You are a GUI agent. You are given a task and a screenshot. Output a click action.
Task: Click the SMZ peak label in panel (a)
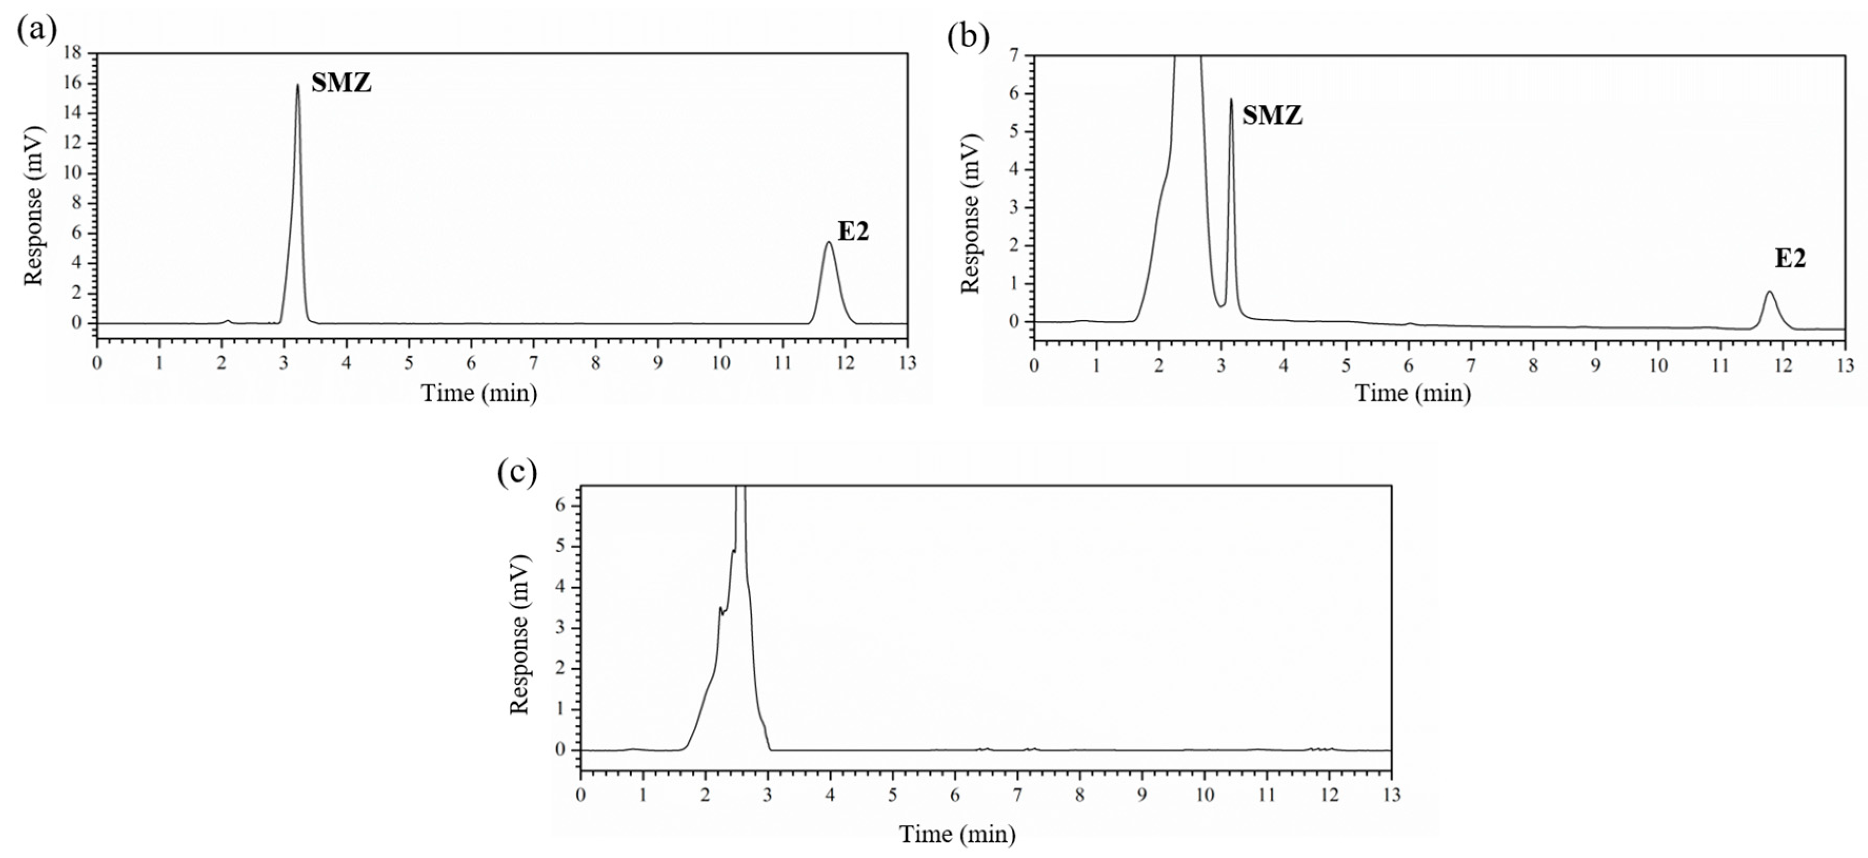click(x=342, y=83)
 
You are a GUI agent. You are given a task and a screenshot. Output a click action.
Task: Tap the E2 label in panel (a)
click(x=853, y=232)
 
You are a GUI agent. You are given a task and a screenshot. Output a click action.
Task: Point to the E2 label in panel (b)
click(x=1790, y=259)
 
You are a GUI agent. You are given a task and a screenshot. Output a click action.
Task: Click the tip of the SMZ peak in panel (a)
click(x=297, y=85)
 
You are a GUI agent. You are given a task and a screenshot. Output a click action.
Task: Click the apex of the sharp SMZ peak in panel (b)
click(x=1231, y=100)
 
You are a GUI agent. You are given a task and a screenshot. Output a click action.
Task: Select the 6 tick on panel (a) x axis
click(x=471, y=363)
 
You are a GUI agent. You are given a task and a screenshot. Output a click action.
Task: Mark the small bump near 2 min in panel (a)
click(x=228, y=321)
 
